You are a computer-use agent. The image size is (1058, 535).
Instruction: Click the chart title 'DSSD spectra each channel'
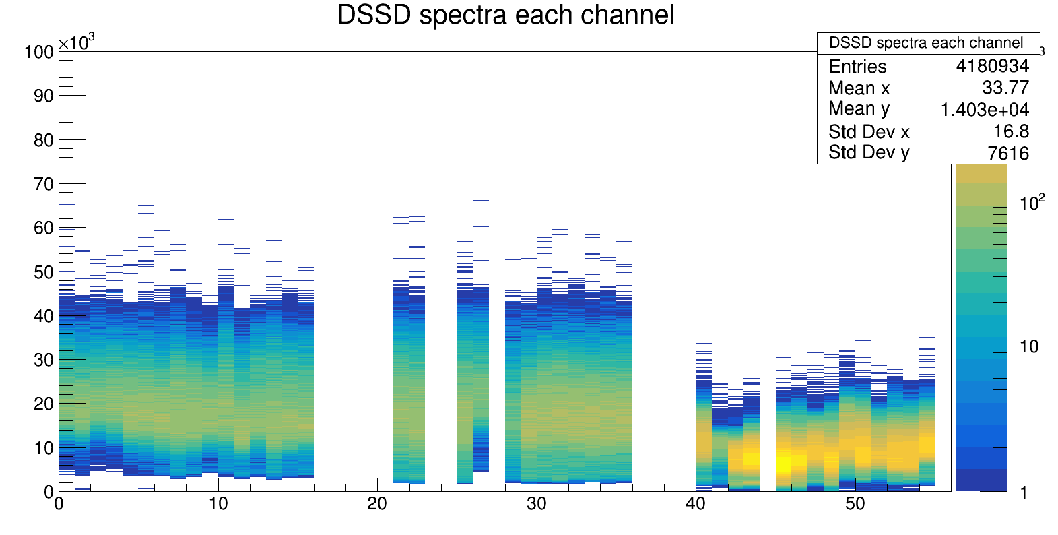coord(505,15)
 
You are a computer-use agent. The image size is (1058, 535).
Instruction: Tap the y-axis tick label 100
coord(39,52)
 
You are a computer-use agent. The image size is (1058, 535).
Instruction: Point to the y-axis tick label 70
coord(44,184)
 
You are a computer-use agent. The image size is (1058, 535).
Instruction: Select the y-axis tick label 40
coord(44,316)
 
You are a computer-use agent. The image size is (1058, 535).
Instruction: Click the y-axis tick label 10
coord(44,448)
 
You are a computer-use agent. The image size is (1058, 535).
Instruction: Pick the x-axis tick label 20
coord(377,504)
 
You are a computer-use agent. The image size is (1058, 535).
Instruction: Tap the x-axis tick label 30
coord(536,504)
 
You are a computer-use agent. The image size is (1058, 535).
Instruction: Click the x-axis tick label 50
coord(855,504)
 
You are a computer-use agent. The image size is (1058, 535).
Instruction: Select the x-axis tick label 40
coord(696,504)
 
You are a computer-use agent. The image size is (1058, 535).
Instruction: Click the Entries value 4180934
coord(992,66)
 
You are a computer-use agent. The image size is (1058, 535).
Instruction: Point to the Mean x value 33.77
coord(1005,88)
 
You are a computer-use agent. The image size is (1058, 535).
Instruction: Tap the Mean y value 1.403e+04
coord(985,109)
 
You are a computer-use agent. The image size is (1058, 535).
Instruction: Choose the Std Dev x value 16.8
coord(1011,131)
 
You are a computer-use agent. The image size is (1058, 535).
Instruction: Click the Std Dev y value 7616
coord(1008,153)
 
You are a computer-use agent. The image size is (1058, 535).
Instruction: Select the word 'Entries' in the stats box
coord(857,66)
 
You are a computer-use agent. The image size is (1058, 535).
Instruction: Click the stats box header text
coord(926,43)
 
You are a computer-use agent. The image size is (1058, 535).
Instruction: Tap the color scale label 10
coord(1028,346)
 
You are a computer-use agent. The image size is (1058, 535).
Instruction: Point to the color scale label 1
coord(1024,493)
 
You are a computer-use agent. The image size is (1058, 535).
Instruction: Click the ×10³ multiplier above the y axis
coord(76,43)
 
